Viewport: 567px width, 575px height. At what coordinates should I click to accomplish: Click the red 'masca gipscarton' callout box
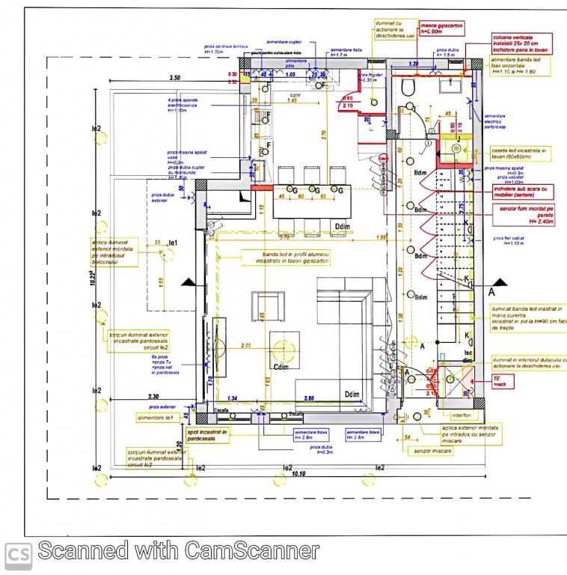point(441,28)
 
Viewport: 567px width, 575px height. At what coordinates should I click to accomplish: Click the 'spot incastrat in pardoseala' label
point(206,434)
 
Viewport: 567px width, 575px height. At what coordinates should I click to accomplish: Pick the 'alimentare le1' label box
point(155,417)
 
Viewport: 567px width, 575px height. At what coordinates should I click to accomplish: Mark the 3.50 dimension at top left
point(175,78)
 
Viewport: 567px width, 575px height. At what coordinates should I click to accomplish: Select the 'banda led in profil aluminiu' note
point(286,258)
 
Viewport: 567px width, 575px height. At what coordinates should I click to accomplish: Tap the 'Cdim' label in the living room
point(281,367)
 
